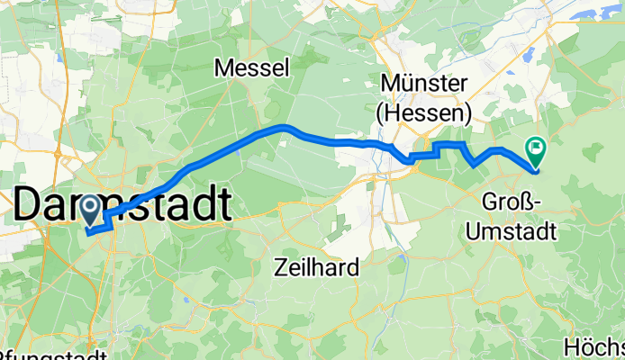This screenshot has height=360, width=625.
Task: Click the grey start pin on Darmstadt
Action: tap(91, 211)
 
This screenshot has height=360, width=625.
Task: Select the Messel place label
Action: tap(251, 67)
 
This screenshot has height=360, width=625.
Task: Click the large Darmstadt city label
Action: tap(122, 206)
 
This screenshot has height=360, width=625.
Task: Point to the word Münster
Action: tap(424, 84)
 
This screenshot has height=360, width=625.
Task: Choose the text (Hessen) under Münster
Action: tap(424, 113)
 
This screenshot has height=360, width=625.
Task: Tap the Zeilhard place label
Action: tap(317, 266)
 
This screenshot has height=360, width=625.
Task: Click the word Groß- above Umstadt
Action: tap(512, 201)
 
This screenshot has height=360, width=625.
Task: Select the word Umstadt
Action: tap(512, 229)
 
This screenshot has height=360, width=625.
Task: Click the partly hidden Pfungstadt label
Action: tap(54, 354)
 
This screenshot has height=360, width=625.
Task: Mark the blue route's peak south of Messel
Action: tap(285, 127)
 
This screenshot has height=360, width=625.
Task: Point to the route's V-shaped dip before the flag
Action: tap(475, 165)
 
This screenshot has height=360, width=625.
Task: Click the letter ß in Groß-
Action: tap(529, 201)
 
